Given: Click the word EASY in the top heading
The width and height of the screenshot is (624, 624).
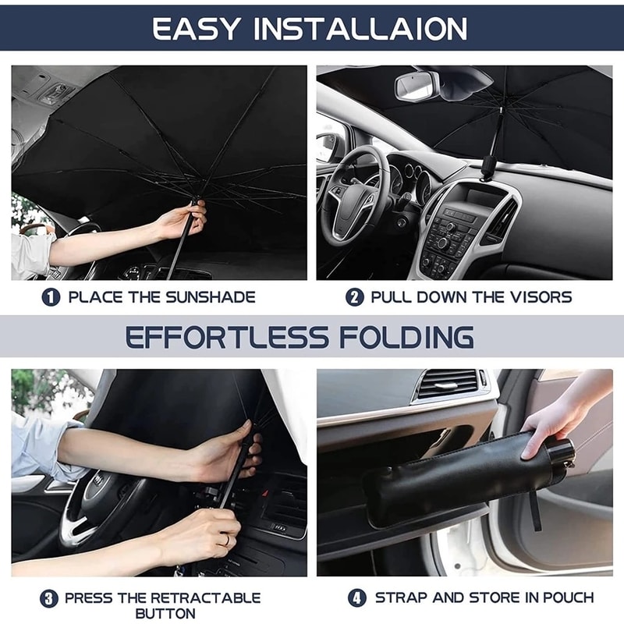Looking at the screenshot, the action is (x=196, y=29).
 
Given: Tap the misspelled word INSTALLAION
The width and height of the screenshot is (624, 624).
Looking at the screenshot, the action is (x=360, y=29).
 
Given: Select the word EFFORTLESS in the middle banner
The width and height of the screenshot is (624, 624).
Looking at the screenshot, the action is (x=227, y=337).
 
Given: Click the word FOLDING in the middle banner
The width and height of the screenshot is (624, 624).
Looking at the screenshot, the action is (x=406, y=337).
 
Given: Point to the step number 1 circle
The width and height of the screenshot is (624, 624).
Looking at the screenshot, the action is (x=51, y=297).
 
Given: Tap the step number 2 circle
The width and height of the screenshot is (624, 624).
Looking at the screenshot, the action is (x=355, y=297).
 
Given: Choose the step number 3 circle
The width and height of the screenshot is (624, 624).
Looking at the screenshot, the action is (x=49, y=598).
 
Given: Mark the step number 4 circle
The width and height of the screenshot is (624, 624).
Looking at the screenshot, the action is (x=357, y=597).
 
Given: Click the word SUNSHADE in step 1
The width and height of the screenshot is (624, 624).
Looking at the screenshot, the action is (x=211, y=297).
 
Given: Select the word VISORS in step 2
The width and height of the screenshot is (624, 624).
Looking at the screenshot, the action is (x=541, y=297).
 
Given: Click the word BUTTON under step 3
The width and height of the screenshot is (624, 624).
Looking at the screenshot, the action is (x=165, y=613).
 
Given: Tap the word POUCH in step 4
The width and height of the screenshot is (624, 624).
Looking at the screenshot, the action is (x=569, y=597).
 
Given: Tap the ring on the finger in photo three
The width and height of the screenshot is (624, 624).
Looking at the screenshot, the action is (x=227, y=540).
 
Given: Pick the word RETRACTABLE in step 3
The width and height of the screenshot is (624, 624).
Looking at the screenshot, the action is (x=206, y=597).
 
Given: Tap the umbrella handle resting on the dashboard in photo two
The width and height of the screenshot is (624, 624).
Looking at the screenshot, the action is (x=488, y=167).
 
